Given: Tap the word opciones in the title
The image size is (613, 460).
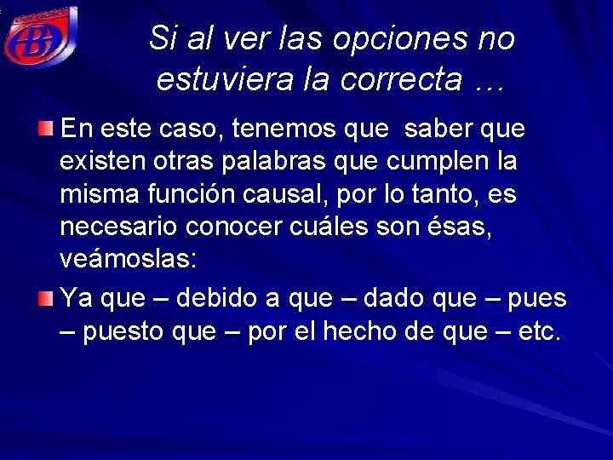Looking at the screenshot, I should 398,38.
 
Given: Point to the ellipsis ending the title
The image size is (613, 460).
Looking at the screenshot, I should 490,83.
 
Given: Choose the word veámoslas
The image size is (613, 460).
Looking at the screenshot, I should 129,258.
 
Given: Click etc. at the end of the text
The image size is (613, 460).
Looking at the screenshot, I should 539,331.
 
